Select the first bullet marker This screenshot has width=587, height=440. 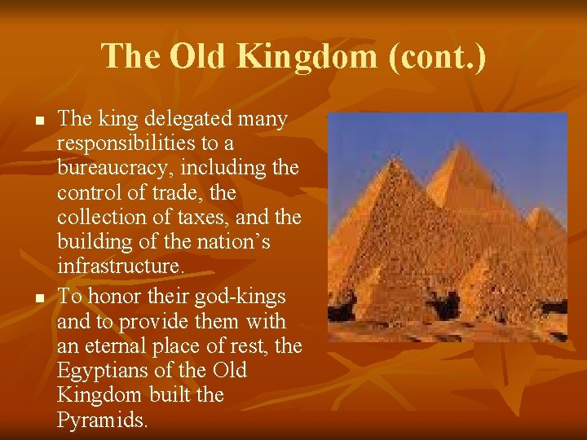click(x=38, y=121)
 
